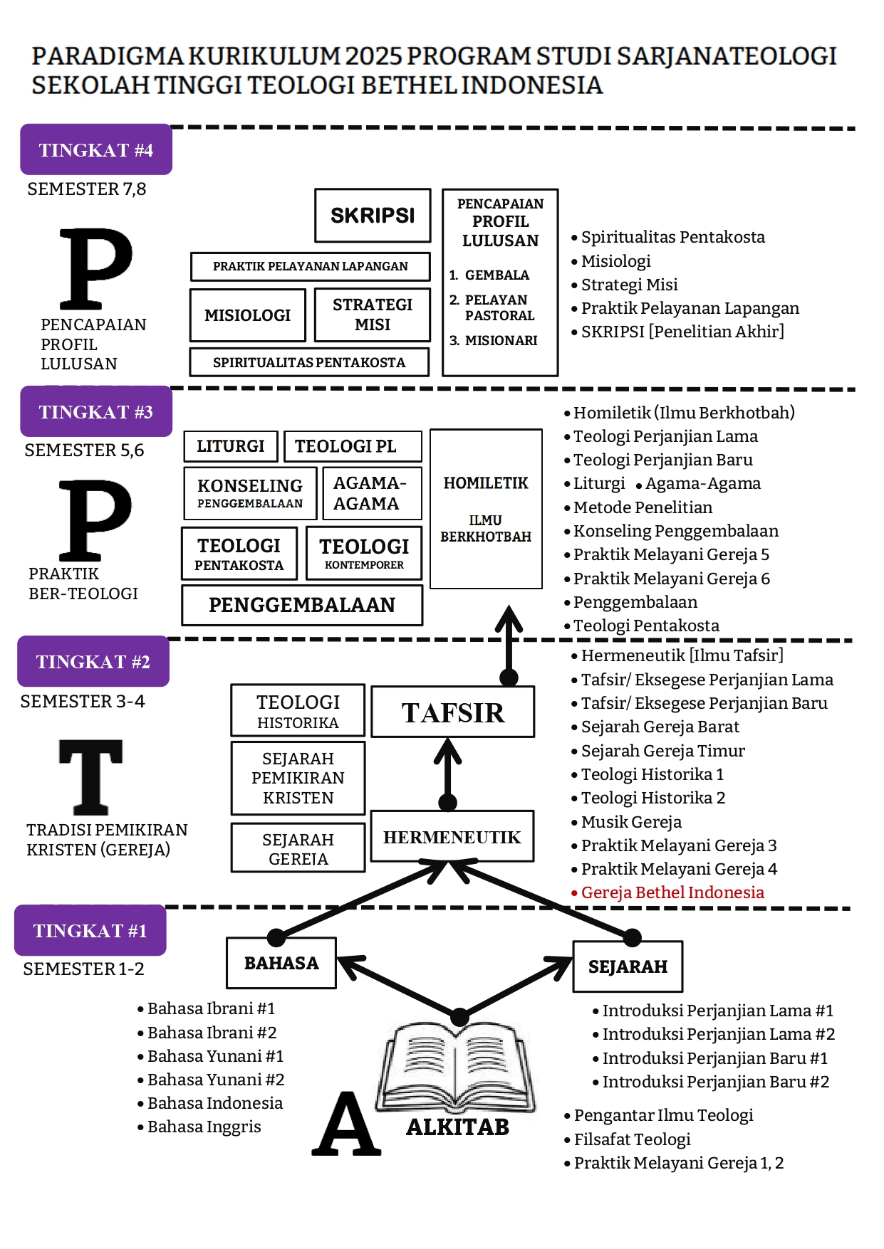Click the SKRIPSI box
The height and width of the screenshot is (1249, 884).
(373, 215)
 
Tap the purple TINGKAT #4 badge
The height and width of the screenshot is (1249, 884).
(96, 149)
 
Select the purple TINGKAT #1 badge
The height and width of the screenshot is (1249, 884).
(90, 930)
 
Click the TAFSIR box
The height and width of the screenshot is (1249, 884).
(453, 712)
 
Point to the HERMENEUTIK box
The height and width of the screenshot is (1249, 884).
(452, 836)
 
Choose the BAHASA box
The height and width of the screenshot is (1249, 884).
(281, 963)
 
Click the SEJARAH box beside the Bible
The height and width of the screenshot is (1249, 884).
(628, 966)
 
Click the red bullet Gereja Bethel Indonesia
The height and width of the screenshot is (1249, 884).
(667, 892)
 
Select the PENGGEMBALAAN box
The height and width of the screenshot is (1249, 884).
(302, 605)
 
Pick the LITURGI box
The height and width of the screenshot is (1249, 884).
(231, 446)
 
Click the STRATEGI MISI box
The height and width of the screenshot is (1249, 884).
(373, 315)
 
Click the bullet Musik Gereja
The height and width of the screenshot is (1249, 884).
(626, 822)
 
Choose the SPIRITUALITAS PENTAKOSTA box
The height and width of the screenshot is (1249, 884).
(309, 362)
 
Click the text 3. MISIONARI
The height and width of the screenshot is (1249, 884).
(494, 341)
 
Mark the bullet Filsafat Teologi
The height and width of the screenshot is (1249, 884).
(627, 1139)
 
